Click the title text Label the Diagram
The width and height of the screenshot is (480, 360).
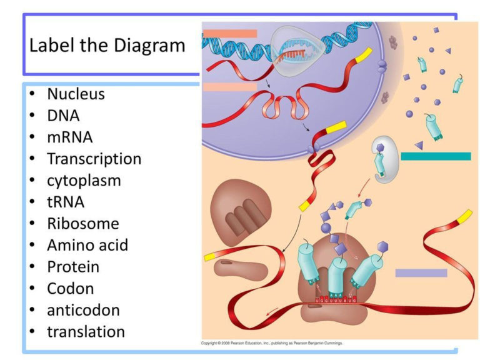(107, 46)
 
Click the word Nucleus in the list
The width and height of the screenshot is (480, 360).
(76, 94)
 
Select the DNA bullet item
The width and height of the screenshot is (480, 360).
(63, 116)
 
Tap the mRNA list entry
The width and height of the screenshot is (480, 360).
(69, 137)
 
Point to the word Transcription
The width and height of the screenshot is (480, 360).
(94, 159)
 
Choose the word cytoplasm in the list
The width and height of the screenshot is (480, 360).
(84, 181)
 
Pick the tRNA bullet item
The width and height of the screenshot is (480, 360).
(66, 202)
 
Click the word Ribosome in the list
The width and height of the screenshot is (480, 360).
(82, 223)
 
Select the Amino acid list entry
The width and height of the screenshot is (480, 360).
(87, 245)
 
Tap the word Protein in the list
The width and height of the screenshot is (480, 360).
(73, 266)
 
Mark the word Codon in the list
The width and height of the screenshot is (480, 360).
(70, 288)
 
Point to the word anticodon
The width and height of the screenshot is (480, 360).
(83, 310)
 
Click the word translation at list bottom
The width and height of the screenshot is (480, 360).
(86, 331)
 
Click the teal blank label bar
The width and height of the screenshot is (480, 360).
(435, 156)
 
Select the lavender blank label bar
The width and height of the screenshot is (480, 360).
(421, 273)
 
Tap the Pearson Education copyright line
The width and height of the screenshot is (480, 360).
(272, 343)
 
